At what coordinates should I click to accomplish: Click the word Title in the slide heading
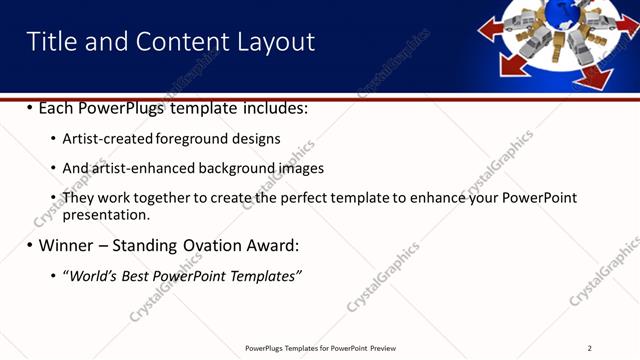coord(50,41)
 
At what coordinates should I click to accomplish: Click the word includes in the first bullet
coord(273,107)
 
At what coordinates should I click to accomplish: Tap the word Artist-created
coord(108,138)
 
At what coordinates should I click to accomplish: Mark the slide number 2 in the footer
coord(590,348)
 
